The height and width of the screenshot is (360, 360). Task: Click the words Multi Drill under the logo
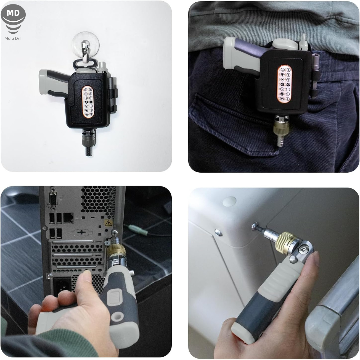(x=13, y=38)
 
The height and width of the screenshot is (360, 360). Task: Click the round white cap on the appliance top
(x=229, y=201)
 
